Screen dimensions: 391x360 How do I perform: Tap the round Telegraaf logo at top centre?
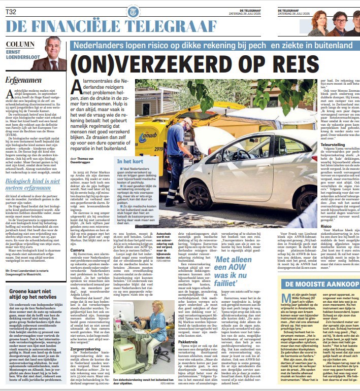[x=133, y=9]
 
